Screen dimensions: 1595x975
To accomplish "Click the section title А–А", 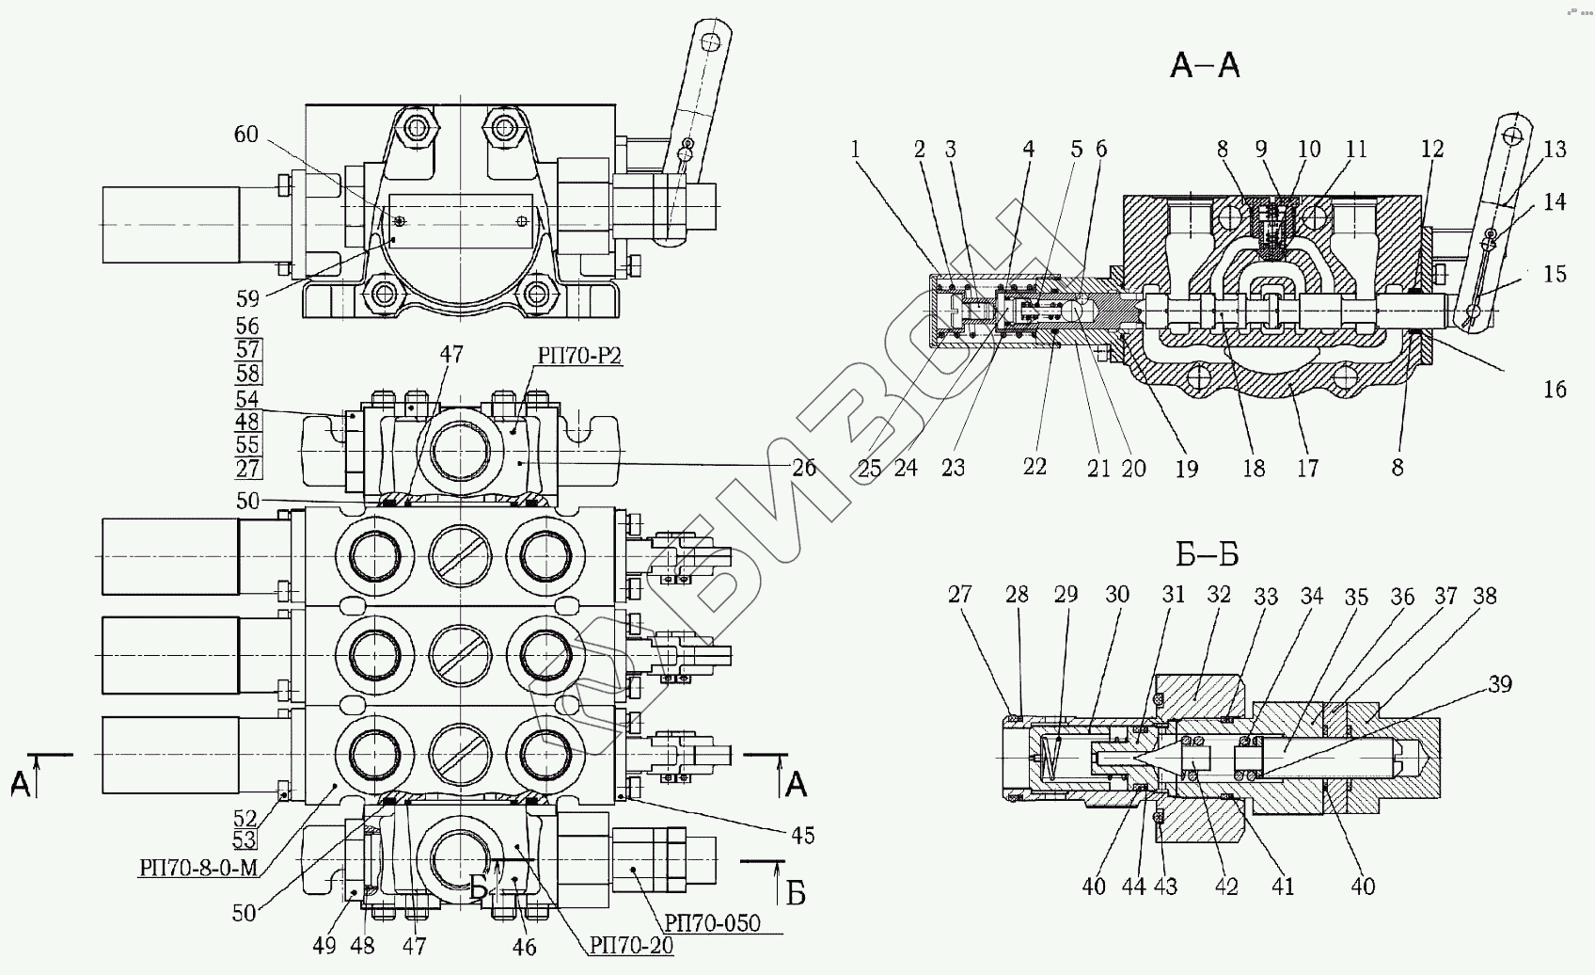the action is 1205,66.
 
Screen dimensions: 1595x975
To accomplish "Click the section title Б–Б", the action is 1208,554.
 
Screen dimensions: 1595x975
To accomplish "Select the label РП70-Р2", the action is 580,356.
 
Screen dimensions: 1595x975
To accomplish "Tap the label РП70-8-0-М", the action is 198,868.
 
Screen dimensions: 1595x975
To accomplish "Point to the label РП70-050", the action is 713,923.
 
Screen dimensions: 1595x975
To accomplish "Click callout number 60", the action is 246,134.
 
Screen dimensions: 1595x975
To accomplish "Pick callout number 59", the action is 247,298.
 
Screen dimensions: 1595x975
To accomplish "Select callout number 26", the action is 804,468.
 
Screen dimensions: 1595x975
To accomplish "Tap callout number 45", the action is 803,836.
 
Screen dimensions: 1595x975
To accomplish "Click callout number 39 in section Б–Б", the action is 1500,683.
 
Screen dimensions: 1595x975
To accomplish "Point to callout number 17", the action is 1307,469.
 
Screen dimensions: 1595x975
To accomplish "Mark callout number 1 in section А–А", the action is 855,149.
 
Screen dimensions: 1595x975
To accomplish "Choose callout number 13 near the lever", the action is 1556,149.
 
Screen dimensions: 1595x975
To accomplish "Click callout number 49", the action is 324,946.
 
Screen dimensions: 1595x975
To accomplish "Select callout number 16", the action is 1556,389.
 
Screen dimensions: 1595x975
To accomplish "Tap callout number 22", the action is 1034,466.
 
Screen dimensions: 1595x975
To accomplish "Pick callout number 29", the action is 1066,595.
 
